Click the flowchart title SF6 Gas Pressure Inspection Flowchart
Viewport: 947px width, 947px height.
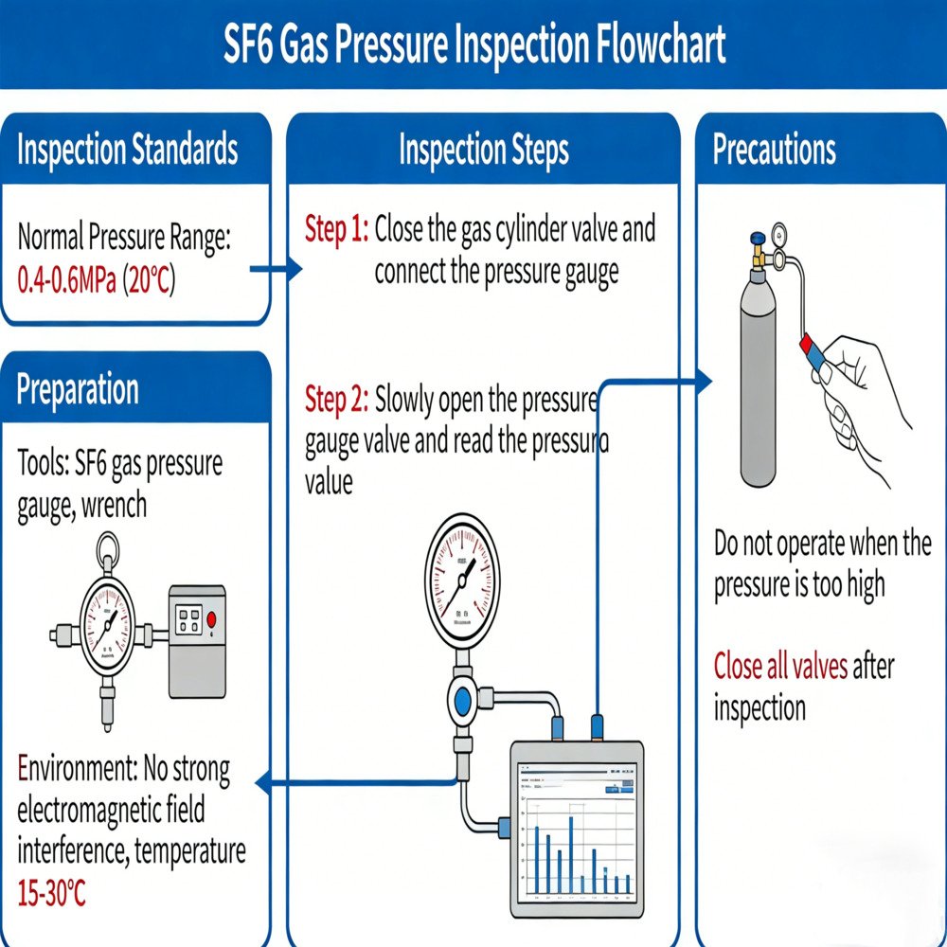coord(473,45)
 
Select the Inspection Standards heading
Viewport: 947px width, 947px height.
coord(127,150)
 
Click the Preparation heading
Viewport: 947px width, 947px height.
coord(78,389)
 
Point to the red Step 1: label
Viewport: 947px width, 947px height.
coord(335,229)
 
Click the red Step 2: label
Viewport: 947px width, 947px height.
coord(335,401)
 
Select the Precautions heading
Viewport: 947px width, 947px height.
coord(774,150)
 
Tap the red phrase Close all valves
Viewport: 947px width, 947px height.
coord(780,666)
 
